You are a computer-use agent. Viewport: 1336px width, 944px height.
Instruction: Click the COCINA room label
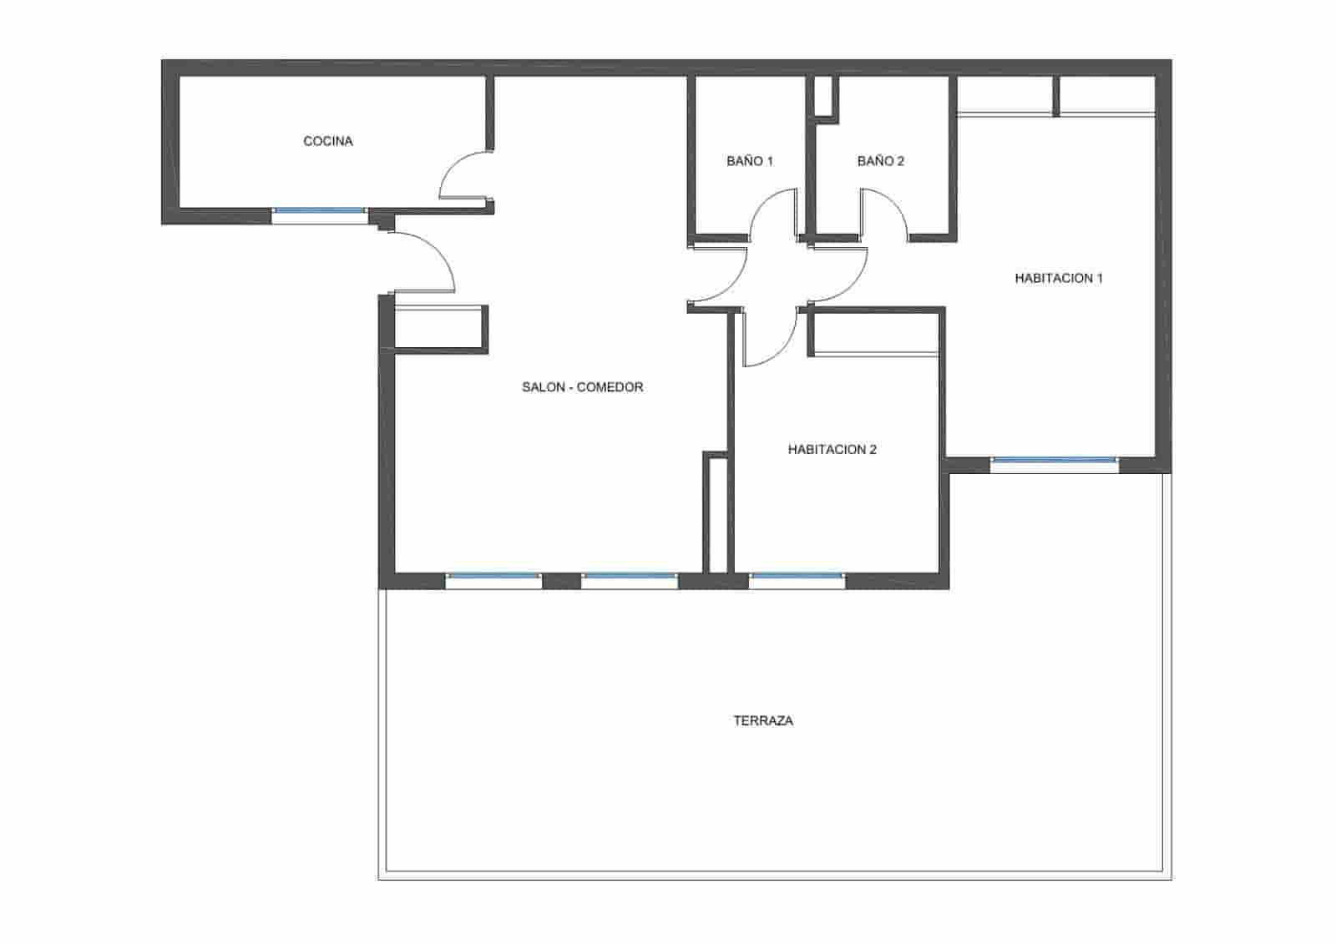(328, 141)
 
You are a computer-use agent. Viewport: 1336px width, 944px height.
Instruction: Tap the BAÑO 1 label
(750, 161)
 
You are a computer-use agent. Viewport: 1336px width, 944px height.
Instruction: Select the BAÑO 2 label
(880, 161)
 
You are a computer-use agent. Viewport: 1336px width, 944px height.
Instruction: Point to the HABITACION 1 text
(1059, 278)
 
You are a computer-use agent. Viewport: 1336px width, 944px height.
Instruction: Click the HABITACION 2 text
(832, 449)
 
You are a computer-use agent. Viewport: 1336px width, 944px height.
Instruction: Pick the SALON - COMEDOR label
(582, 386)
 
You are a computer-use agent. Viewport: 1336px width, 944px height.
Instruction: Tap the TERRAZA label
(763, 720)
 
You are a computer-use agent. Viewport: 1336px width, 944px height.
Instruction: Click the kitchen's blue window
(320, 211)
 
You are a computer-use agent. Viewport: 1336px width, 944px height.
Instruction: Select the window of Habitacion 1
(1054, 460)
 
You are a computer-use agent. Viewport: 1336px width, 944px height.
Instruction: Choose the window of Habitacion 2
(797, 575)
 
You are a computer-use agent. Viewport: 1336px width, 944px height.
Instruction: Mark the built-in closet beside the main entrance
(438, 326)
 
